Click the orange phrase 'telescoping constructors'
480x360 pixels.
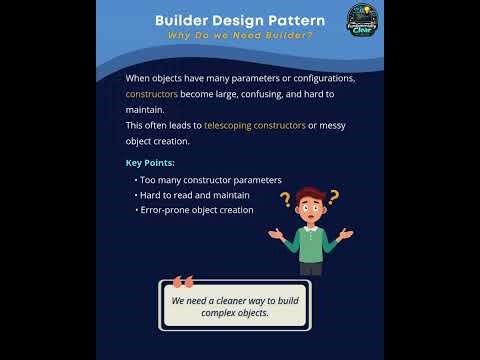[256, 126]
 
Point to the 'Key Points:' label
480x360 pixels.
[150, 162]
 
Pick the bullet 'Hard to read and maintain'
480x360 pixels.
[194, 195]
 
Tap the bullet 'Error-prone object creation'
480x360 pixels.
[196, 210]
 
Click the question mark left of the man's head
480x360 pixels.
[285, 199]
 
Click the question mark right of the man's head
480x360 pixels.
[333, 197]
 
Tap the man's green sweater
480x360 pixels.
[311, 243]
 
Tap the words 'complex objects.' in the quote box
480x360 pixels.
[235, 313]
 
